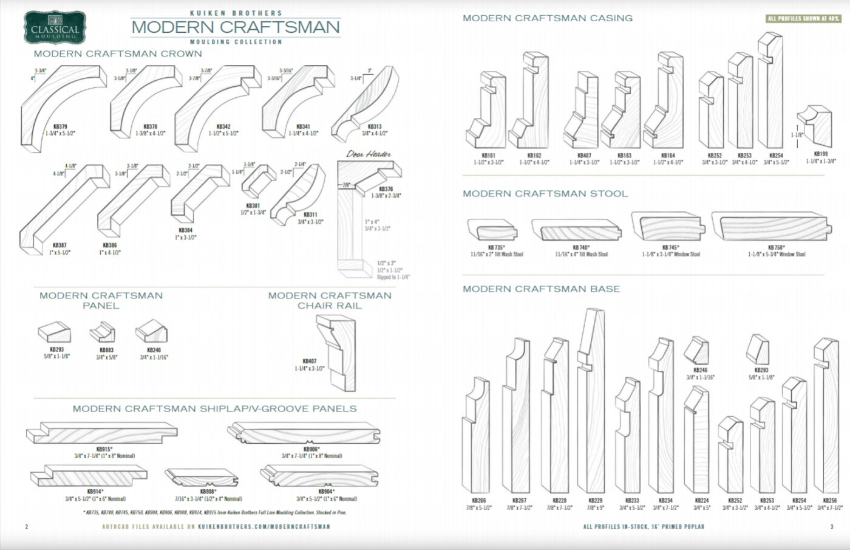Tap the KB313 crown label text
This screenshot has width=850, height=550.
point(375,127)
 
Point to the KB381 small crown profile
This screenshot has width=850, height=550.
point(259,180)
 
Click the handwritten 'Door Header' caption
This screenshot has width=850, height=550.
point(369,154)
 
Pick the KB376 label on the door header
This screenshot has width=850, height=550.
point(386,189)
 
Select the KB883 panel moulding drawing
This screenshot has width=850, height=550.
point(102,332)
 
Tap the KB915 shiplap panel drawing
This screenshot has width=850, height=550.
point(101,433)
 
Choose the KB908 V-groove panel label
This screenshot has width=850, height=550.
point(208,492)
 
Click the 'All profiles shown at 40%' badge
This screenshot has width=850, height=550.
point(803,19)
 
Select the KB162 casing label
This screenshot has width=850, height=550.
point(534,156)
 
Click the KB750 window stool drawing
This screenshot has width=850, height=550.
point(770,227)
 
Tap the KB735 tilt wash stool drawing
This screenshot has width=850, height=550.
point(492,230)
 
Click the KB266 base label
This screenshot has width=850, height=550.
point(478,500)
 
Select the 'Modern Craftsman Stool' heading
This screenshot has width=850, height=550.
point(545,194)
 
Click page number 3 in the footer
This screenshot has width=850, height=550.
point(831,527)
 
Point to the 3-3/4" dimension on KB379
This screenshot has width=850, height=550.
point(40,71)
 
